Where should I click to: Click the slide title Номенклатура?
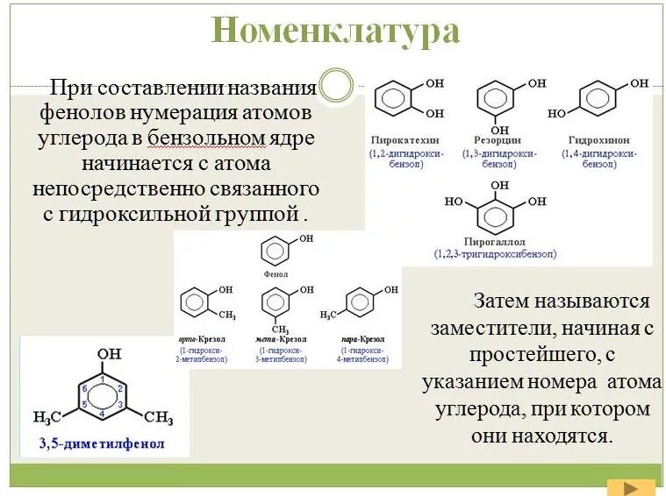(335, 32)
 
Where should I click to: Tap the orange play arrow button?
(631, 486)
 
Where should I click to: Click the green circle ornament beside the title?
(336, 85)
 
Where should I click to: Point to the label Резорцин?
(498, 139)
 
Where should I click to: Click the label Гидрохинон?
(599, 139)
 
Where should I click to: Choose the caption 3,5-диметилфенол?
(103, 443)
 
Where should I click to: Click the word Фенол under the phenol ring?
(276, 273)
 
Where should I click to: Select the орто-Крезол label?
(200, 338)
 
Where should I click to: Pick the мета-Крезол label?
(279, 338)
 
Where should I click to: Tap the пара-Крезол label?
(359, 338)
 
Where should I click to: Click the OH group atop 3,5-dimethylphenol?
(110, 354)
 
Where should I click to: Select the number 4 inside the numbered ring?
(103, 412)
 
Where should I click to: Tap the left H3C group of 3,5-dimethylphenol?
(48, 416)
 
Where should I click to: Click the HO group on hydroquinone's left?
(556, 113)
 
